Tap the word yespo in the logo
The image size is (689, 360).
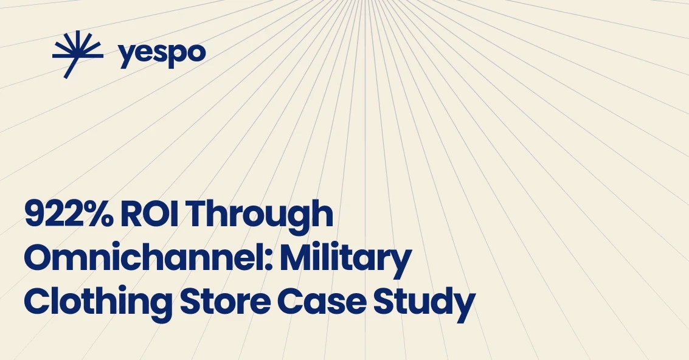[162, 54]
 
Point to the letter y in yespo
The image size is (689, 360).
[126, 57]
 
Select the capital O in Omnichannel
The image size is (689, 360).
[39, 258]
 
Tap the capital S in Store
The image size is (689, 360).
[190, 302]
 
